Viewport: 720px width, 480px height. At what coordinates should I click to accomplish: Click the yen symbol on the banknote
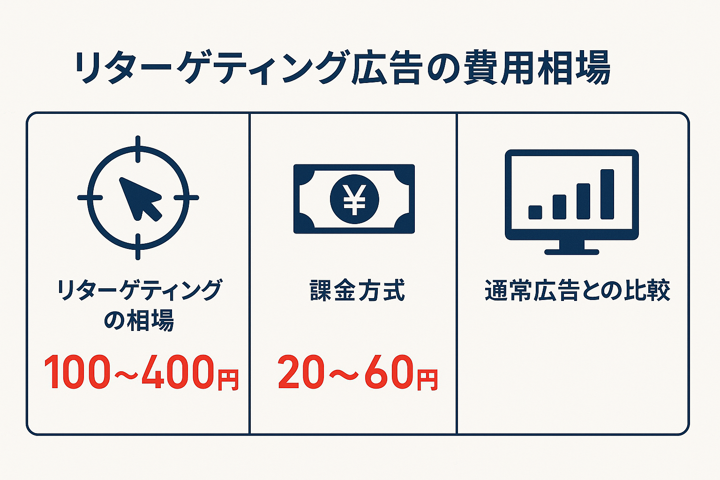pyautogui.click(x=354, y=199)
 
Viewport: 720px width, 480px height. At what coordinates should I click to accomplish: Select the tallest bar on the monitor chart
pyautogui.click(x=607, y=194)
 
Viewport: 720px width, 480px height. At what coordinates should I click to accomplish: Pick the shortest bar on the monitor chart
pyautogui.click(x=535, y=212)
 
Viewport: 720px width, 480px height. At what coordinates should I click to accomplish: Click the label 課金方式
pyautogui.click(x=358, y=290)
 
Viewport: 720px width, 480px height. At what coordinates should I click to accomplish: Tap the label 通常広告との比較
pyautogui.click(x=577, y=290)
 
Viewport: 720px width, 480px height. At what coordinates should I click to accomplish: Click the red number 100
pyautogui.click(x=77, y=372)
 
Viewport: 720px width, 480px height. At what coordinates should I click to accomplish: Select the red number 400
pyautogui.click(x=178, y=372)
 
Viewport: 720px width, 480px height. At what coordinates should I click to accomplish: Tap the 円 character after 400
pyautogui.click(x=228, y=379)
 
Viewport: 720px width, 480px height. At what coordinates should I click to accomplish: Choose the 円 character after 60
pyautogui.click(x=427, y=379)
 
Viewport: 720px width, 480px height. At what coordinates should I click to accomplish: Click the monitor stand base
pyautogui.click(x=572, y=252)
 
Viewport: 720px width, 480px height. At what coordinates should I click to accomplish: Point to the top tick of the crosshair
pyautogui.click(x=138, y=148)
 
